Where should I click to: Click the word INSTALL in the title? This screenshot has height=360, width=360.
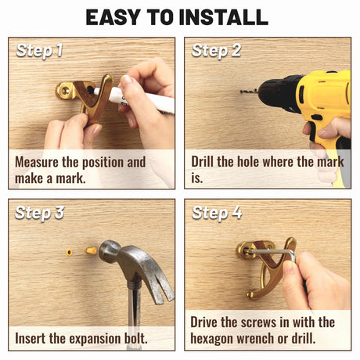[224, 17]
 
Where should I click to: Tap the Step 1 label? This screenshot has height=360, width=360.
[39, 51]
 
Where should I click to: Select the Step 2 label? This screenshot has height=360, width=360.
[216, 51]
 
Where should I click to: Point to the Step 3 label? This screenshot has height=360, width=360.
[39, 213]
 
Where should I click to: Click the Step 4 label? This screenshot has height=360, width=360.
[217, 213]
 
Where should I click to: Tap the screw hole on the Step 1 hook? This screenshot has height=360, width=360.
[64, 90]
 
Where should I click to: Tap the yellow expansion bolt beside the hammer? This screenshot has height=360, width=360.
[91, 251]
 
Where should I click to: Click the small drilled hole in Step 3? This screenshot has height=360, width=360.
[69, 252]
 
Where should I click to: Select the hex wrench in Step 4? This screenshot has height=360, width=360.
[272, 251]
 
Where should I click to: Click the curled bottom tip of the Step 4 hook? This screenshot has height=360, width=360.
[251, 296]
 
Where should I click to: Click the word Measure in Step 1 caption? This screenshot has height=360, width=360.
[37, 162]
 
